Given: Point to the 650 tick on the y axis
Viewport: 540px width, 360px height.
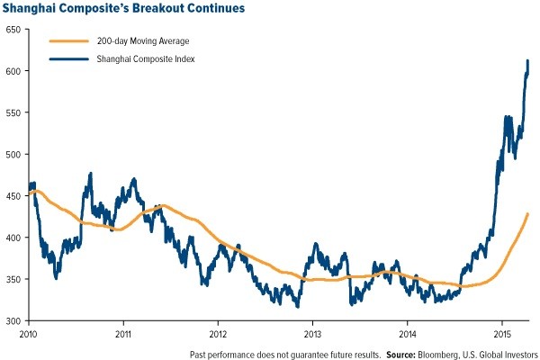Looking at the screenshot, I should [x=13, y=29].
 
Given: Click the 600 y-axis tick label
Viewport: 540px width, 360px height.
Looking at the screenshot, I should [x=13, y=71].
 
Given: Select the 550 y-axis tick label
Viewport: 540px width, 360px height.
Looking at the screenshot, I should [x=13, y=112].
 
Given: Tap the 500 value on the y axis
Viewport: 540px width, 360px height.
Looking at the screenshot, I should [x=13, y=154].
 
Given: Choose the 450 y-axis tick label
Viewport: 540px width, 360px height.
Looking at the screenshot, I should [x=13, y=196].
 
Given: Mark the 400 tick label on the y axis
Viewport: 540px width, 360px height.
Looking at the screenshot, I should [x=13, y=238].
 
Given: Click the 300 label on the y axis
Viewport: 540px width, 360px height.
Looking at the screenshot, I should [x=13, y=321].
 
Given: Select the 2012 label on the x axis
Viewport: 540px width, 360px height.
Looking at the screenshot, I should [x=218, y=332].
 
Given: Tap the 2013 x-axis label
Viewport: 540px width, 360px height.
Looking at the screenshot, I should [x=311, y=332].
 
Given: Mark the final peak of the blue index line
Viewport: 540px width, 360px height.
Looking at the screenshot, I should [x=526, y=60].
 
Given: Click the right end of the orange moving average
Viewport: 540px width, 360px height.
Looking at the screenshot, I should [x=527, y=213].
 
